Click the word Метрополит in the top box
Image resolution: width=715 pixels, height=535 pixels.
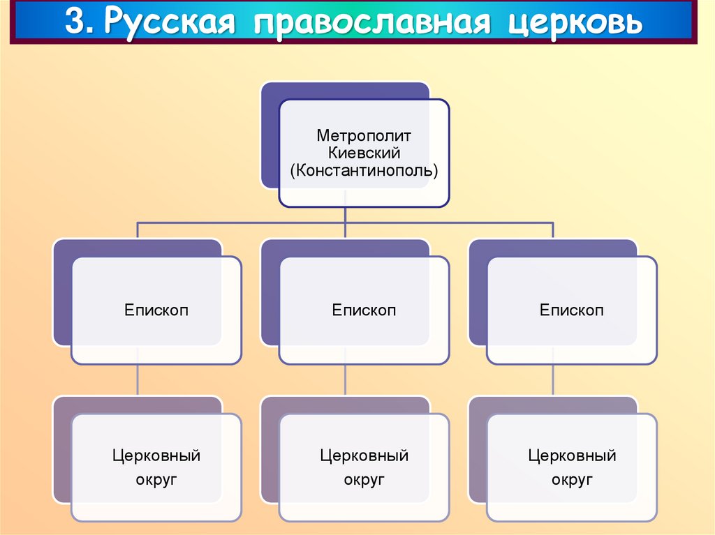(364, 135)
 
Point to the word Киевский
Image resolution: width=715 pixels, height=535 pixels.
(364, 153)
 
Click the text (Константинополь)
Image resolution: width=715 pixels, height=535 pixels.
(364, 171)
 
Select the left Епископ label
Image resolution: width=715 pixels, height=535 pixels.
(156, 310)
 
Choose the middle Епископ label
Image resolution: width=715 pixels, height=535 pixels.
(364, 310)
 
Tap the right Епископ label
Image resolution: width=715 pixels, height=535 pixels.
(571, 310)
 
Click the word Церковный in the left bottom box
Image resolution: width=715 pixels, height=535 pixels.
(156, 456)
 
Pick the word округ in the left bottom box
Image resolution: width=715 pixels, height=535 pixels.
(156, 480)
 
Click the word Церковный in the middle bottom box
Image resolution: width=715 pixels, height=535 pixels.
(364, 456)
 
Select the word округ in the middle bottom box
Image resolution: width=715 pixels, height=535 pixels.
(364, 480)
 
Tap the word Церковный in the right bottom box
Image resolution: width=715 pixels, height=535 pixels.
(572, 456)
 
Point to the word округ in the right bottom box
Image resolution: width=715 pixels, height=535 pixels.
(572, 480)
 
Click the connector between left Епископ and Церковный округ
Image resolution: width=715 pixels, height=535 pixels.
(138, 380)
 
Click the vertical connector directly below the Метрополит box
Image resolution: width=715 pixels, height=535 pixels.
(346, 215)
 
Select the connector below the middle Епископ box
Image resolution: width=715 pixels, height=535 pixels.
(346, 380)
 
